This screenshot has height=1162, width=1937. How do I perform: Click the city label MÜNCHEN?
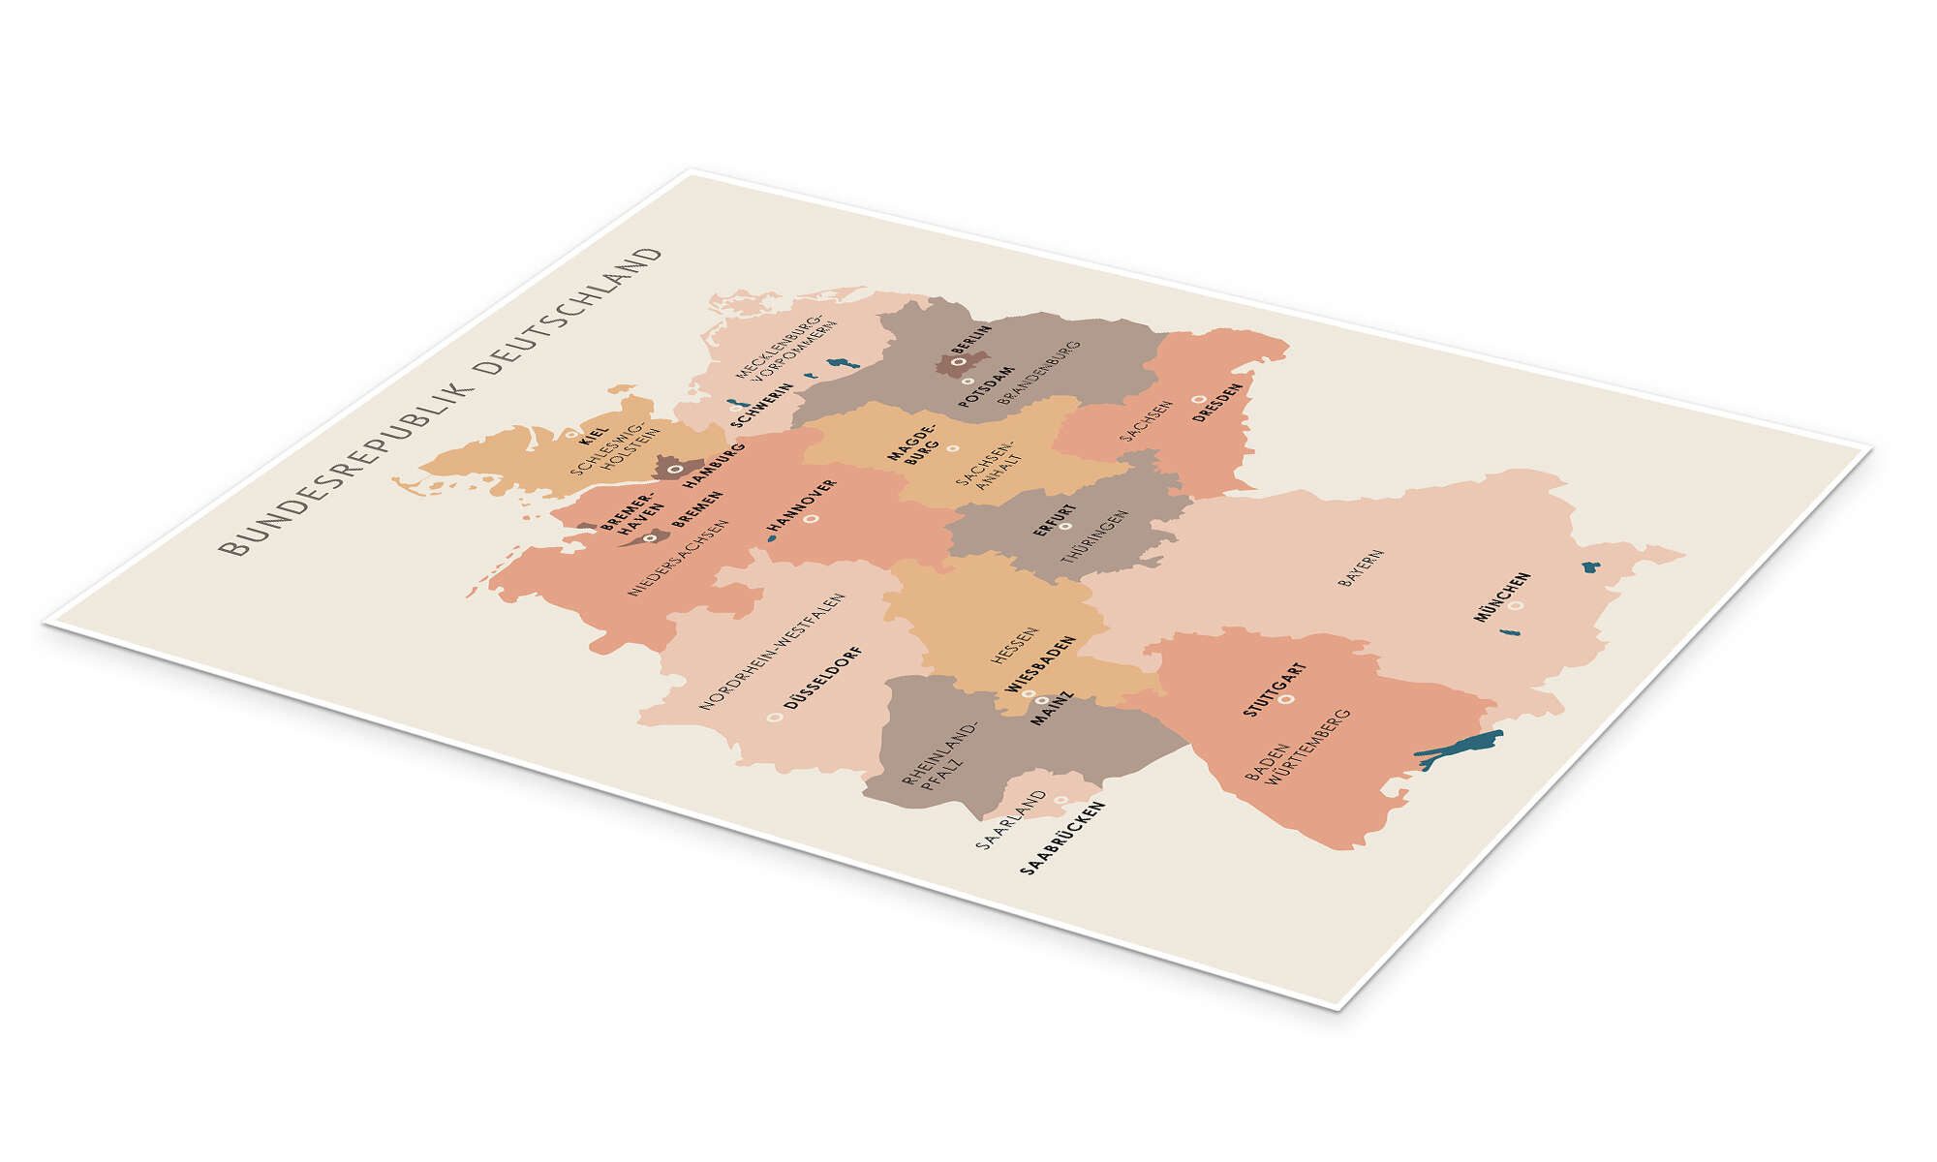1502,596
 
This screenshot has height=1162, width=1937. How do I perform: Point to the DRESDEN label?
1217,401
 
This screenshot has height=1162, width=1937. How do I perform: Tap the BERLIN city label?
971,341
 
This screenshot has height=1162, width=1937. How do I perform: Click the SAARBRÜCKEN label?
1062,839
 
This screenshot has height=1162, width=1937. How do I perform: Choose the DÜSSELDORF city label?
822,676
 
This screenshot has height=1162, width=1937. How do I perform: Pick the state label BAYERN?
1360,568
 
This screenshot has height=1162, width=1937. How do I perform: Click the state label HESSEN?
1014,645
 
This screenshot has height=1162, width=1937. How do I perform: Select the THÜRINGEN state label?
1094,537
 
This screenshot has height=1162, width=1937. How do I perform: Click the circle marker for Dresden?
1198,399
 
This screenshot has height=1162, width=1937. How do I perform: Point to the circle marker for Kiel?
571,435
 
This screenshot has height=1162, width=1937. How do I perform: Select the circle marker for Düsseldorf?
774,718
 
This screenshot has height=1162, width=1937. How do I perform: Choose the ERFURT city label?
1054,519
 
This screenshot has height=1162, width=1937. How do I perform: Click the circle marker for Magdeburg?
952,448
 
